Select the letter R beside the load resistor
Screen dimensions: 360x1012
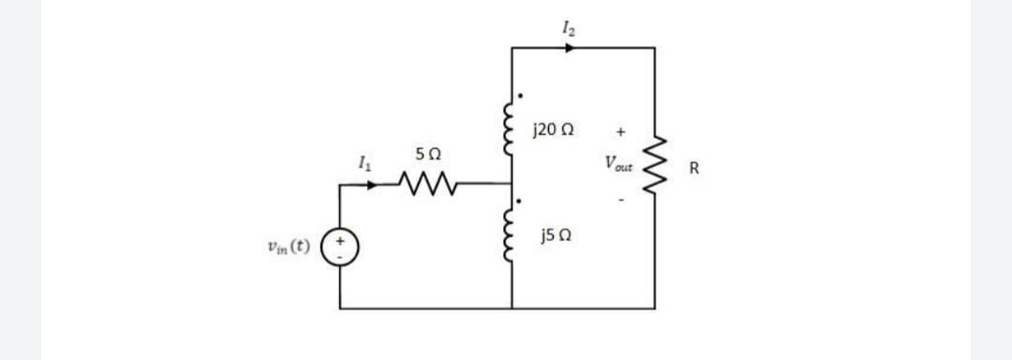click(x=693, y=170)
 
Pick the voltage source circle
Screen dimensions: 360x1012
click(x=340, y=248)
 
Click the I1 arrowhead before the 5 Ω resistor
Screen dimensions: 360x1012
click(x=376, y=185)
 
